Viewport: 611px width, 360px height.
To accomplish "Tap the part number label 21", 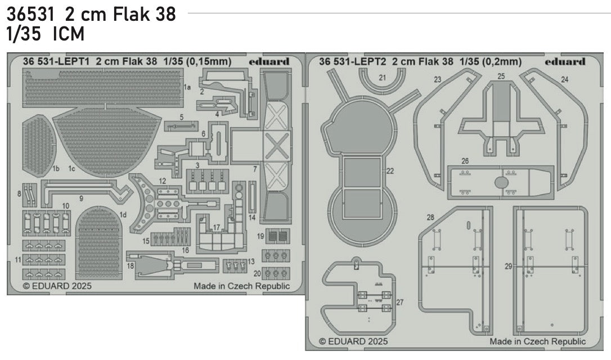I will point(383,78).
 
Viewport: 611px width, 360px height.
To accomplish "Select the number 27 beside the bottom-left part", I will point(400,302).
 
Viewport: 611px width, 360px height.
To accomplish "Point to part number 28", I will point(430,217).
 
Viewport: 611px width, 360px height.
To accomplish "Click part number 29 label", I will point(509,267).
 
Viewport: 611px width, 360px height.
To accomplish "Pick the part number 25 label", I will point(501,76).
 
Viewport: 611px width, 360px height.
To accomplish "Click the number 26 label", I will point(465,160).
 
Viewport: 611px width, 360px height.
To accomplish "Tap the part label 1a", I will point(187,88).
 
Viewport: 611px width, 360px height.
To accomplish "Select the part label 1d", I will point(123,214).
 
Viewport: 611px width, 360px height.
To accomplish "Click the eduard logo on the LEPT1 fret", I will point(268,62).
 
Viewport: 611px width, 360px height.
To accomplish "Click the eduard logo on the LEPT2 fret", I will point(565,62).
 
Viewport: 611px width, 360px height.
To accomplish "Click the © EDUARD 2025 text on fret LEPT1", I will point(57,286).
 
